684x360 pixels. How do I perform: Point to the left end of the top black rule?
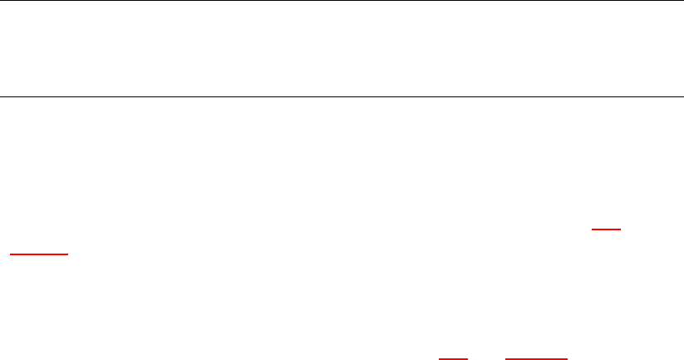pyautogui.click(x=1, y=1)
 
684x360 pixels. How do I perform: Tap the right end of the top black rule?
pyautogui.click(x=672, y=1)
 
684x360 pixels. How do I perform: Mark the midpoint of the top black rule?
pyautogui.click(x=336, y=1)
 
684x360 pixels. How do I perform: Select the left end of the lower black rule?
pyautogui.click(x=1, y=96)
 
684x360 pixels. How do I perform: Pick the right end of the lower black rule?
pyautogui.click(x=672, y=96)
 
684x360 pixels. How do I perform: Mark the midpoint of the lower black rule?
pyautogui.click(x=336, y=96)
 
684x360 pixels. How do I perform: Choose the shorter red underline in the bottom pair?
pyautogui.click(x=454, y=358)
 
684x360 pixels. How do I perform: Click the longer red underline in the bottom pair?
pyautogui.click(x=536, y=358)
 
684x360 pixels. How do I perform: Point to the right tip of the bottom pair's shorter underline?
pyautogui.click(x=469, y=358)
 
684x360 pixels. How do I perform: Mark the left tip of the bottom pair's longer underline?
pyautogui.click(x=505, y=358)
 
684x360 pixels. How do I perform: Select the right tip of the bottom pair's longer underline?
pyautogui.click(x=568, y=358)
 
